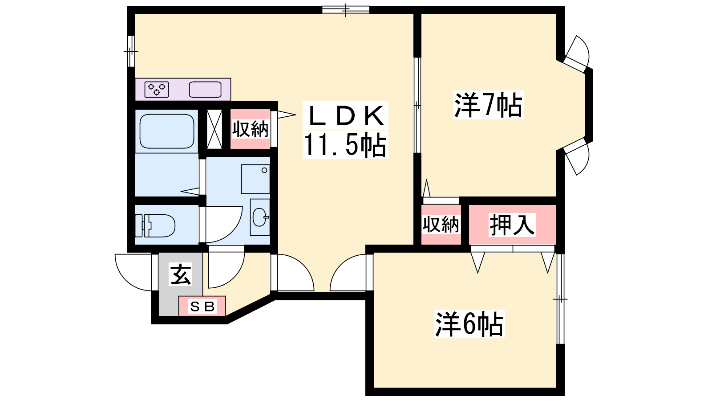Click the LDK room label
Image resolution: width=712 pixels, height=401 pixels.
click(345, 115)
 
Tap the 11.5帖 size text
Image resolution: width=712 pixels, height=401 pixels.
click(345, 145)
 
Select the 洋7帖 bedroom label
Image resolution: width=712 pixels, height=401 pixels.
click(488, 105)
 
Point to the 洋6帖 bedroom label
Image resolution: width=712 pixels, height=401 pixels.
click(469, 324)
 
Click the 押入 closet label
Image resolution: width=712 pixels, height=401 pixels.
click(512, 225)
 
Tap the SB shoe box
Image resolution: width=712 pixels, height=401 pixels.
click(202, 306)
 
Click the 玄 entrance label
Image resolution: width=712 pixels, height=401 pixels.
click(181, 274)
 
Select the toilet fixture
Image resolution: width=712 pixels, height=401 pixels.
click(155, 225)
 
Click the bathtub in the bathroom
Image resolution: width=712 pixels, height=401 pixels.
click(167, 131)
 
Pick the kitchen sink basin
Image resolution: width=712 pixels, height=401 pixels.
click(205, 90)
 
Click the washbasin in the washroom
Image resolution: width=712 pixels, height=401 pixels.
click(260, 217)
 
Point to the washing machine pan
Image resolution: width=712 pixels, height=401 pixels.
click(255, 179)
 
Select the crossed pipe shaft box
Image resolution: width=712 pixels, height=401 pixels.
click(214, 129)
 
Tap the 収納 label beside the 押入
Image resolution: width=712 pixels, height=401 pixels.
click(441, 225)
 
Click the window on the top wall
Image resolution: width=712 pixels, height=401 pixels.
click(345, 9)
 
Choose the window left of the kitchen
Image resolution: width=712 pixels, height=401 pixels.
click(131, 51)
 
